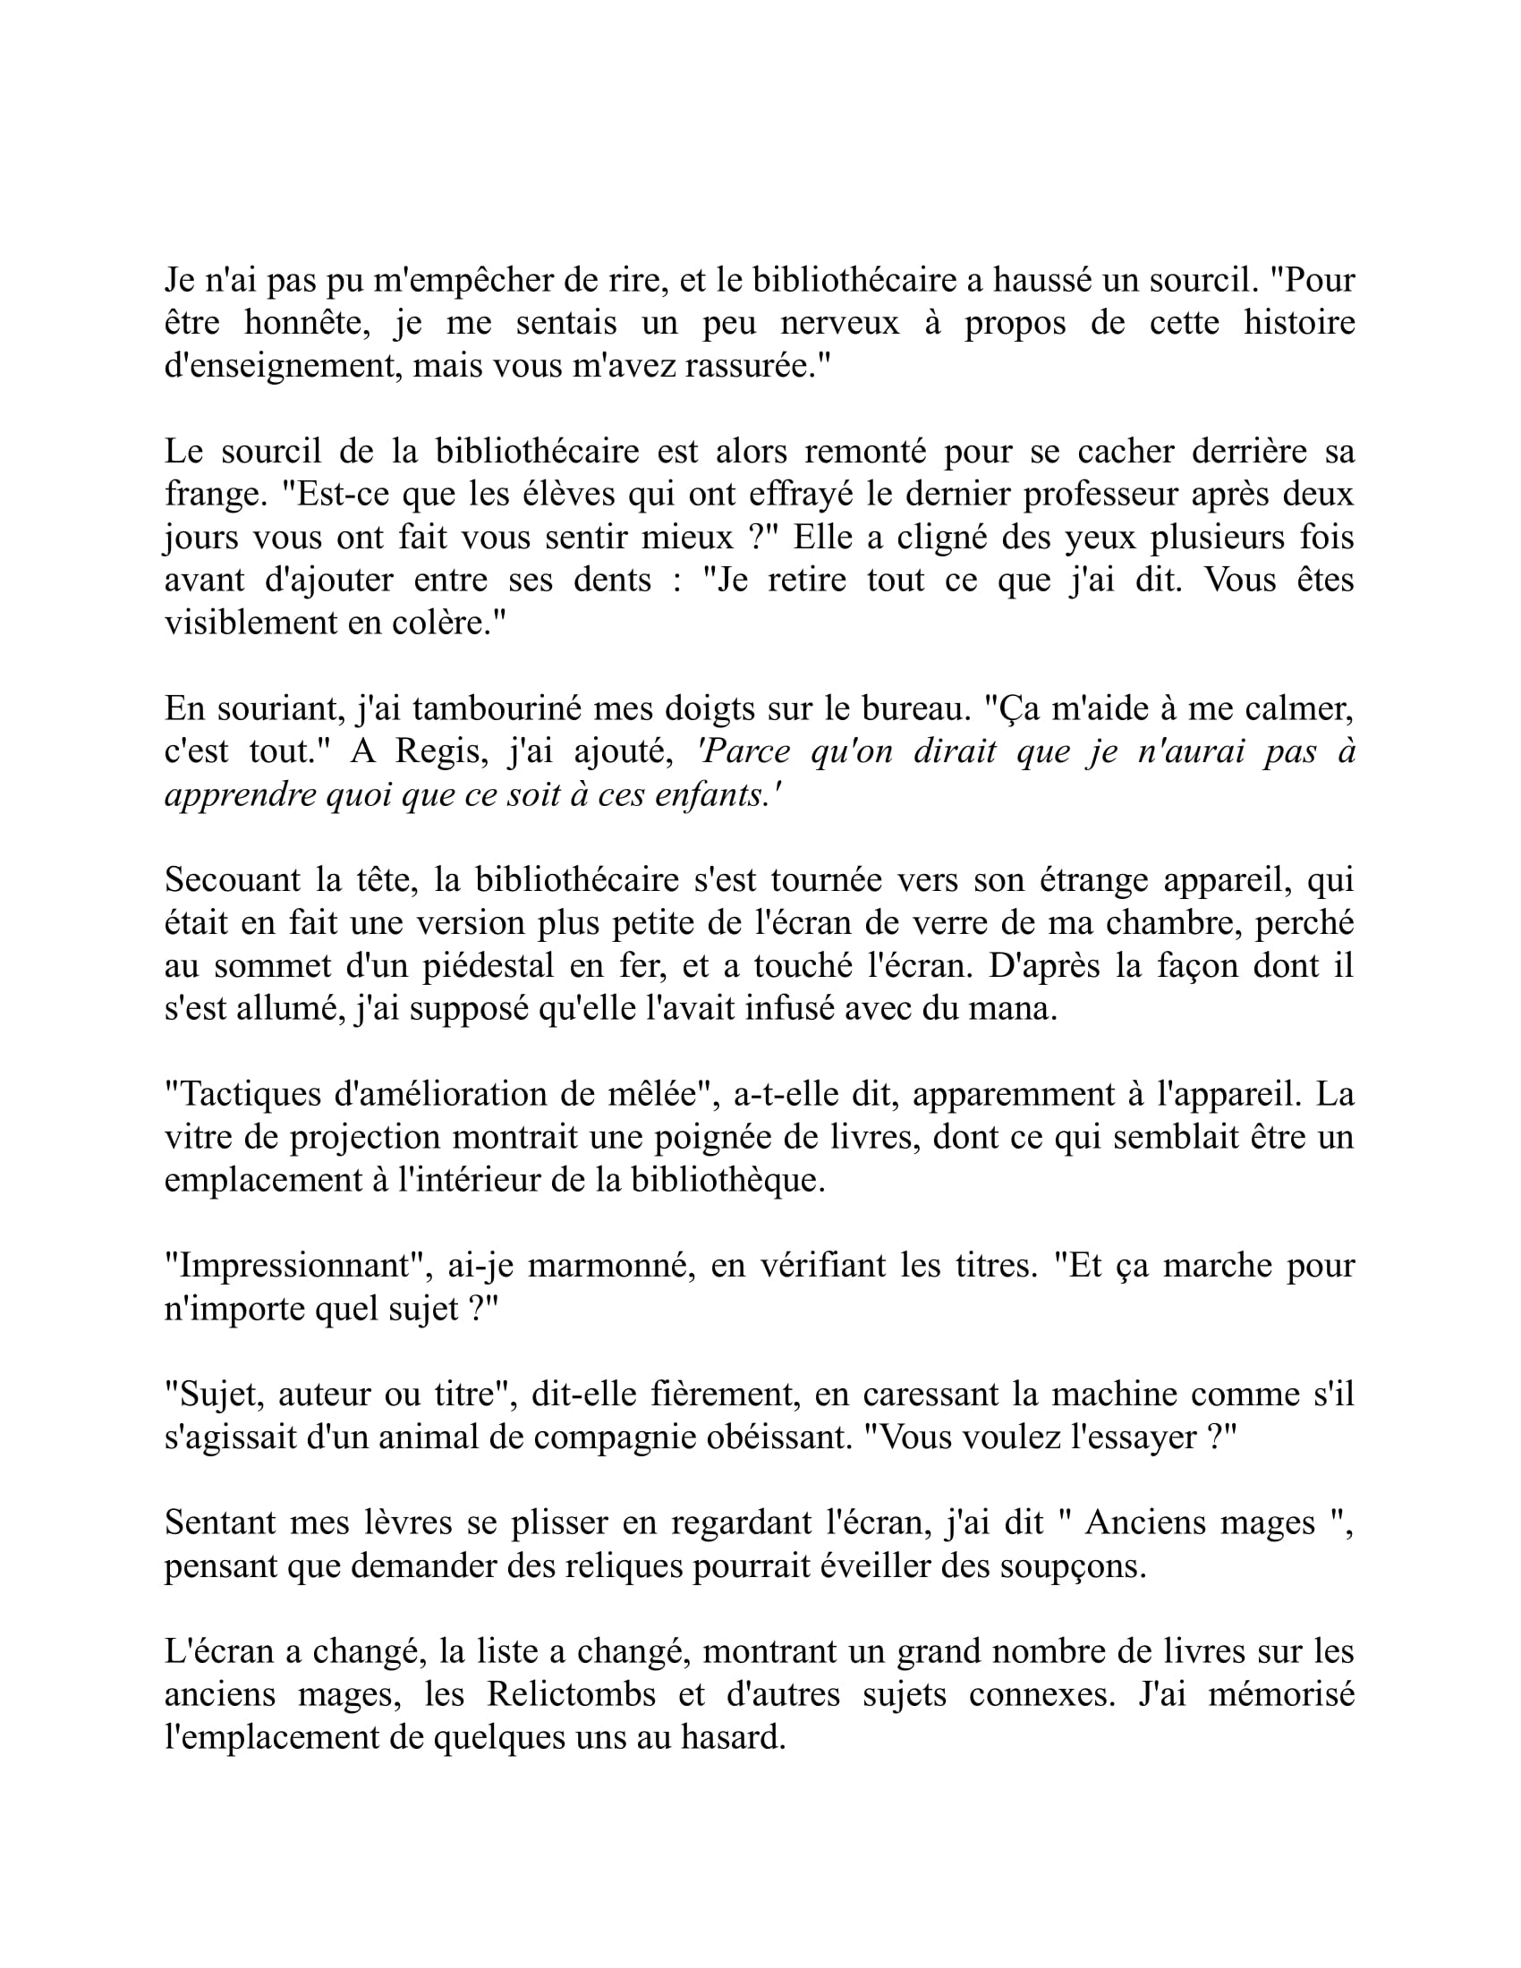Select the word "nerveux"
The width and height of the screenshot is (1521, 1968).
[839, 324]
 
